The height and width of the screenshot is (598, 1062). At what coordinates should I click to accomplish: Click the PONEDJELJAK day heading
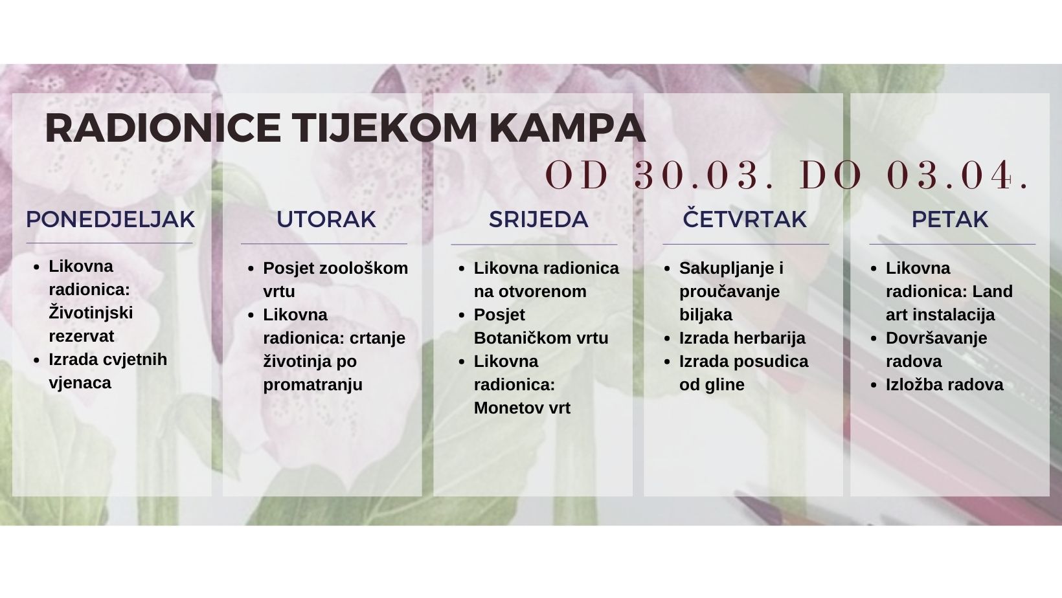111,219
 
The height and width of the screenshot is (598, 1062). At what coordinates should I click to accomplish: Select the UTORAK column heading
326,219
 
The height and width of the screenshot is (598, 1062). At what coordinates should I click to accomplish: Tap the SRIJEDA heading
539,219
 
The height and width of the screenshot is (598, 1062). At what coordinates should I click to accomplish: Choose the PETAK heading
950,219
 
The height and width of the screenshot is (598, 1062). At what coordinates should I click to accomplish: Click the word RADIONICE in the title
163,128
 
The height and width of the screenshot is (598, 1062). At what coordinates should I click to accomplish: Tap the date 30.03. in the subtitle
703,175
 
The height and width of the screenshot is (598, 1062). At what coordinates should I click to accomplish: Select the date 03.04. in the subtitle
956,175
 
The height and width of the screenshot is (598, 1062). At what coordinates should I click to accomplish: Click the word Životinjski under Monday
91,313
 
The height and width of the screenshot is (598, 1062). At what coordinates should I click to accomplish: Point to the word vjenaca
80,383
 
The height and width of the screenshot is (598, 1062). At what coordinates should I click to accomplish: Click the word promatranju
313,385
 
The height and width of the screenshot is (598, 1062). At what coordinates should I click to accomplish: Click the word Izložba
915,385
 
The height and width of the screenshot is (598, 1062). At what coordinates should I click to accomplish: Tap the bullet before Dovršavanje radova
875,338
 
